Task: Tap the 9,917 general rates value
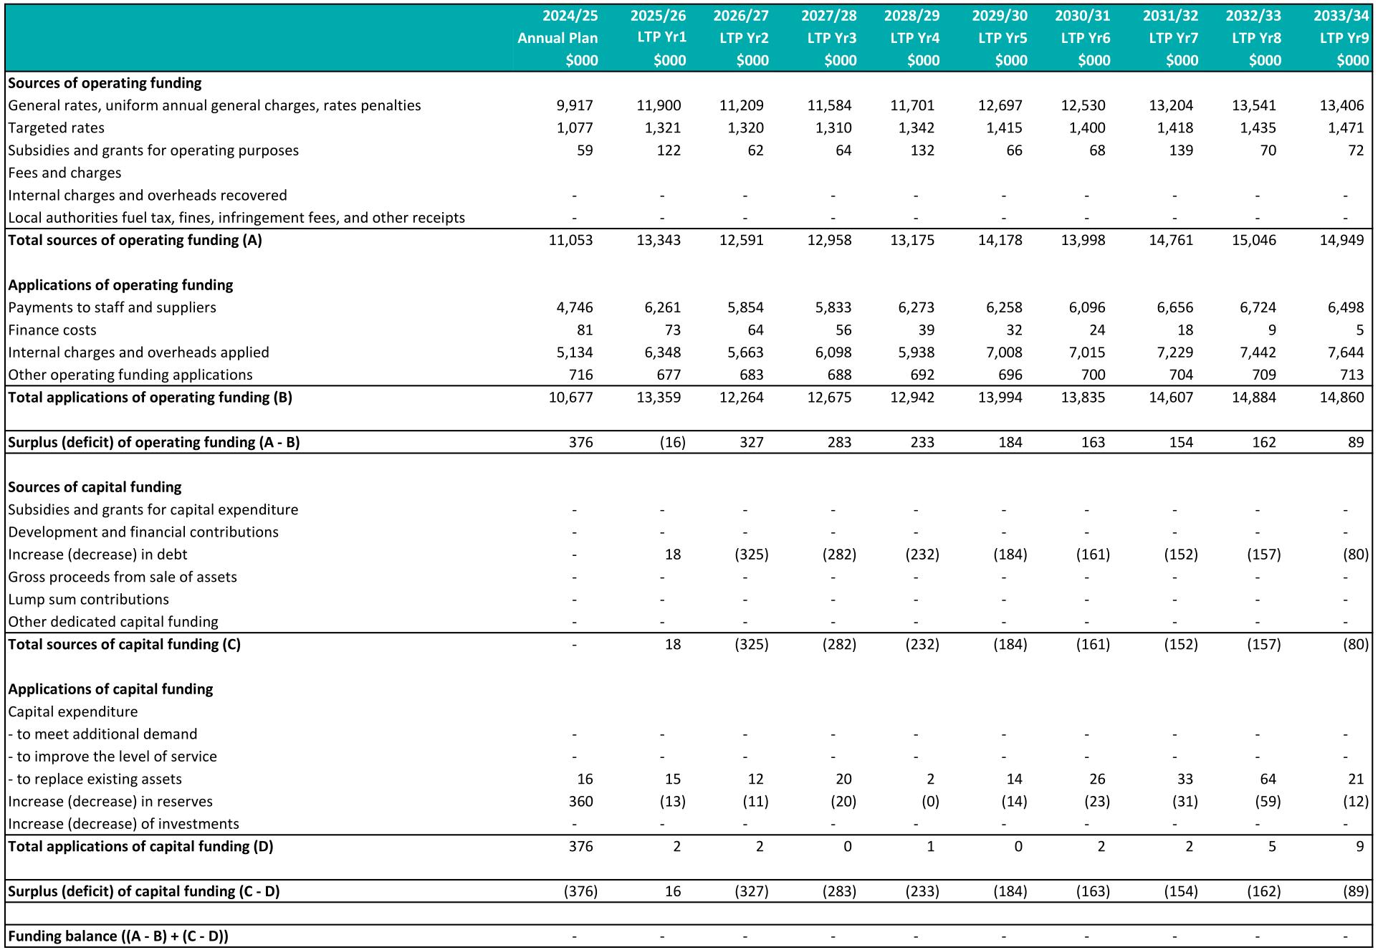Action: click(x=575, y=105)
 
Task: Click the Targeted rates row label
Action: click(x=56, y=128)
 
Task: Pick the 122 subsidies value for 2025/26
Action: click(x=669, y=150)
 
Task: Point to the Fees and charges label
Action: click(x=64, y=173)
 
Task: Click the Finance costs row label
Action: click(x=52, y=330)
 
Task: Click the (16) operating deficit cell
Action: click(x=672, y=442)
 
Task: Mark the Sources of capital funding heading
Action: click(x=95, y=487)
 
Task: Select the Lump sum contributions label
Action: click(x=88, y=600)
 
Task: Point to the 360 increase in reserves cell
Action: click(x=580, y=802)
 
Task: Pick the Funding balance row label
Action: click(x=118, y=936)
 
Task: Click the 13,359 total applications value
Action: click(x=659, y=398)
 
